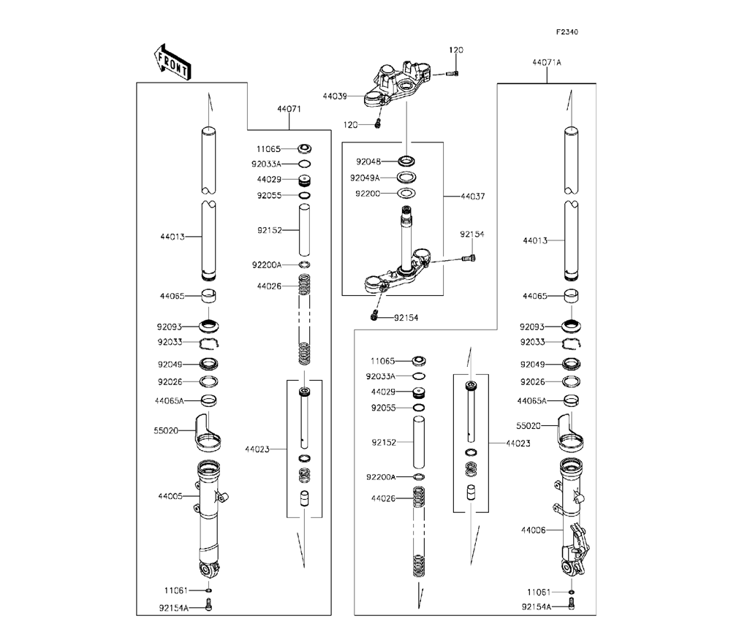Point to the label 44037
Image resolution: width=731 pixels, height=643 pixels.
[x=472, y=197]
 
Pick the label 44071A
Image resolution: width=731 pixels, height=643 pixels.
[x=547, y=63]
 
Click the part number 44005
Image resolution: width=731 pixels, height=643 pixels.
[x=169, y=496]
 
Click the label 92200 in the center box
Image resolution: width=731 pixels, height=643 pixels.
[x=367, y=194]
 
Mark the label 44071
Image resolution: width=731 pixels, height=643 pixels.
[x=289, y=109]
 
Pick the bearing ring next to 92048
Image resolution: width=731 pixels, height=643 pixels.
[x=408, y=161]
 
